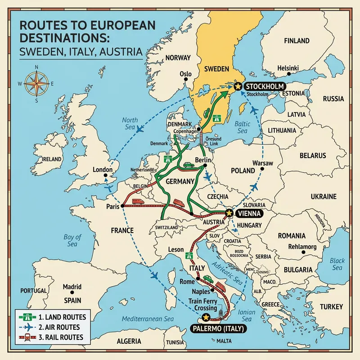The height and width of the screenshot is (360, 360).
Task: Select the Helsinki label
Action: coord(278,67)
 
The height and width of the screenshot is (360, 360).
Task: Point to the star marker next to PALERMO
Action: coord(206,318)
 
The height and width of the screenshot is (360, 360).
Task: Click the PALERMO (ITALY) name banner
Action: coord(218,328)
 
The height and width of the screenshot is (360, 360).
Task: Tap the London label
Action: coord(102,170)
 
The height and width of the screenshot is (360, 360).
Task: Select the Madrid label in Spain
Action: coord(72,287)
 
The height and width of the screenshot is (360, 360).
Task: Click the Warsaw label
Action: coord(263,162)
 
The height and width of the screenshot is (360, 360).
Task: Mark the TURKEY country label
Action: coord(331,306)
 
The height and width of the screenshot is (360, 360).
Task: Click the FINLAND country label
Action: coord(296,41)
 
